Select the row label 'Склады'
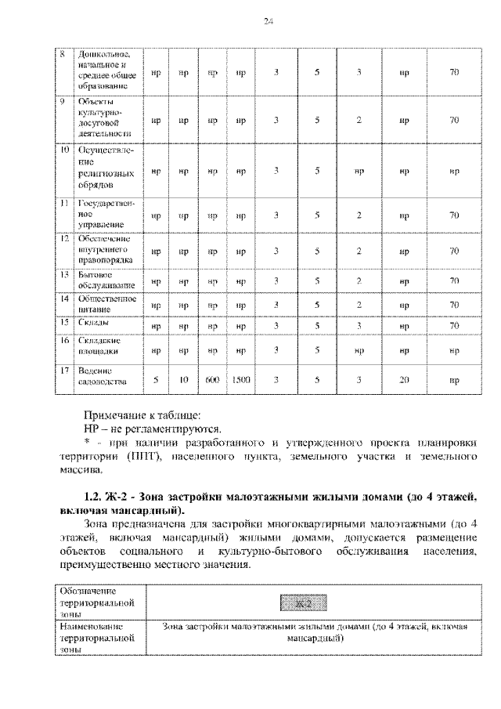point(93,322)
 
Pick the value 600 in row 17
point(211,380)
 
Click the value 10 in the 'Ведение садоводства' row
point(184,380)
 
